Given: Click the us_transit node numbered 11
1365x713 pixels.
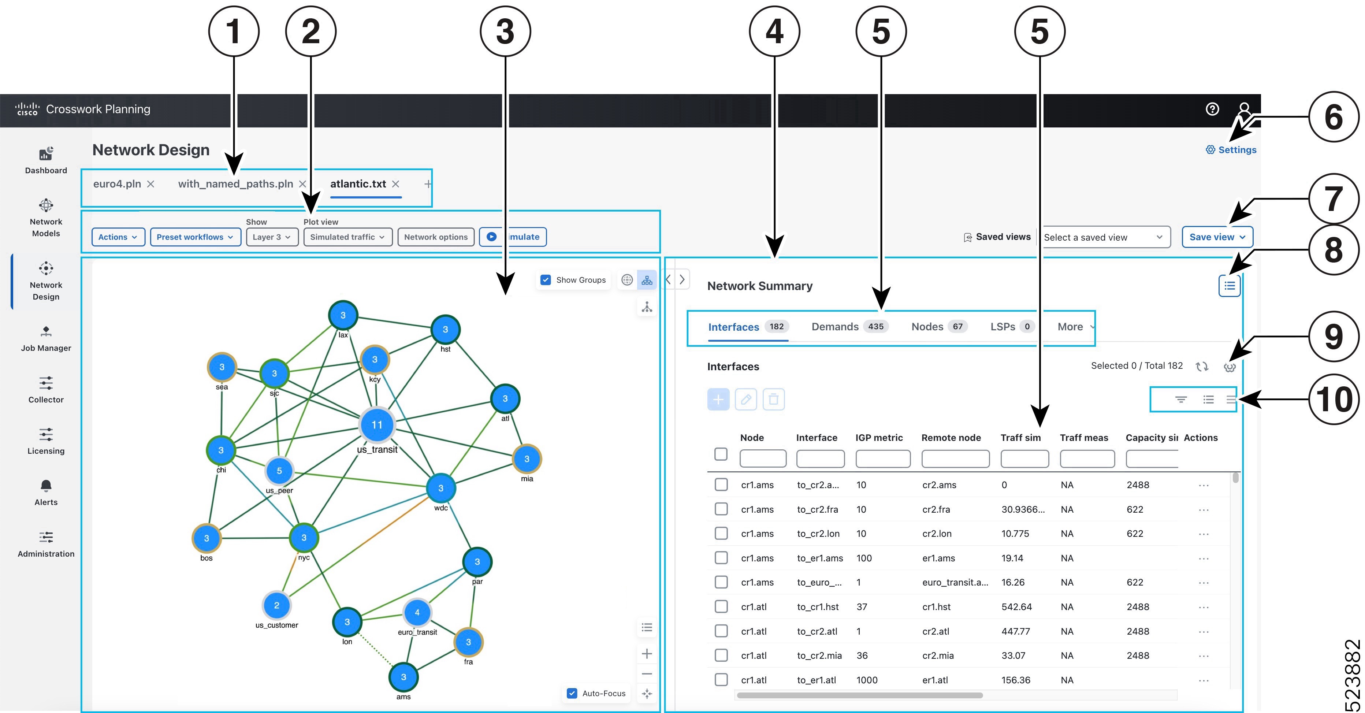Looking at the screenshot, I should [377, 425].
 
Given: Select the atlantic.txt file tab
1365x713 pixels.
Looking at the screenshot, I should [358, 184].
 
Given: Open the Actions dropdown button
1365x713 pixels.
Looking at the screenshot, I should [118, 237].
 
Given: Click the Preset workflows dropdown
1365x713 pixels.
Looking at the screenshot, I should [195, 237].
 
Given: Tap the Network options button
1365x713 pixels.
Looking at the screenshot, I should [436, 237].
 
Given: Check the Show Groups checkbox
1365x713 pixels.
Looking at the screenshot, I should [545, 280].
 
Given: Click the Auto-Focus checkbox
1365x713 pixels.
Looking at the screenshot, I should [572, 693].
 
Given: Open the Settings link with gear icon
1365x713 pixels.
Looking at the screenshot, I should [1231, 150].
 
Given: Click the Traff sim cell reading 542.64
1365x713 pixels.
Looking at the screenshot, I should [1016, 606].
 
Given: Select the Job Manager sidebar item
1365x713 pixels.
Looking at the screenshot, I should [46, 339].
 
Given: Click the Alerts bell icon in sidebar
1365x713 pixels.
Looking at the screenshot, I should [46, 486].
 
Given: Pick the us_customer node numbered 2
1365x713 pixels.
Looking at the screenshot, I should [276, 605].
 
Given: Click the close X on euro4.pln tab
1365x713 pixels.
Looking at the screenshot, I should [151, 184].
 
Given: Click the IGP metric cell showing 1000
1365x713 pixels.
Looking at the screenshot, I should [867, 680].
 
